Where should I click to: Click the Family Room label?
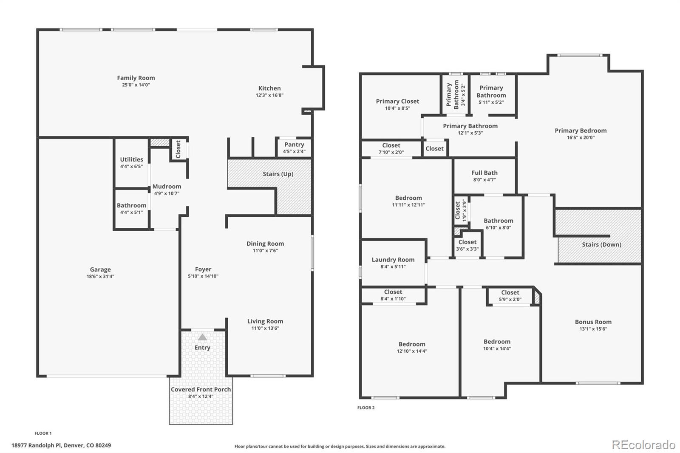(x=136, y=78)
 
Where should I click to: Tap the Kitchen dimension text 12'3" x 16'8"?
(x=269, y=95)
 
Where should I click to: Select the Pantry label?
(x=294, y=144)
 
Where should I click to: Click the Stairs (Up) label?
(x=278, y=174)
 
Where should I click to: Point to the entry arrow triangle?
(x=203, y=337)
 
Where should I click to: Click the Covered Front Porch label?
(x=201, y=389)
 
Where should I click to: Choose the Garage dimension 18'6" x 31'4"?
(x=100, y=277)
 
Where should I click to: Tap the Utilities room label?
(x=131, y=159)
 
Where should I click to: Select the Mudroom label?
(x=167, y=186)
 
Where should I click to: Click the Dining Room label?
(x=265, y=243)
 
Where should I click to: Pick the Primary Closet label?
(x=397, y=101)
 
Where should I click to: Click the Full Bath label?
(x=484, y=173)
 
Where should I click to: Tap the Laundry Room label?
(x=393, y=260)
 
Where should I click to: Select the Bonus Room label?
(x=593, y=322)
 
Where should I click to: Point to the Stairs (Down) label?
(x=601, y=244)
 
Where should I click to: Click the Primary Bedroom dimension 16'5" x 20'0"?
(x=581, y=138)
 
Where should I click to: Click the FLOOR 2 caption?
(x=366, y=408)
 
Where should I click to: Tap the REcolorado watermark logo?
(x=643, y=445)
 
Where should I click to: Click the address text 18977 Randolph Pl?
(x=37, y=445)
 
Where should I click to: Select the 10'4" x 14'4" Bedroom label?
(x=497, y=342)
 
